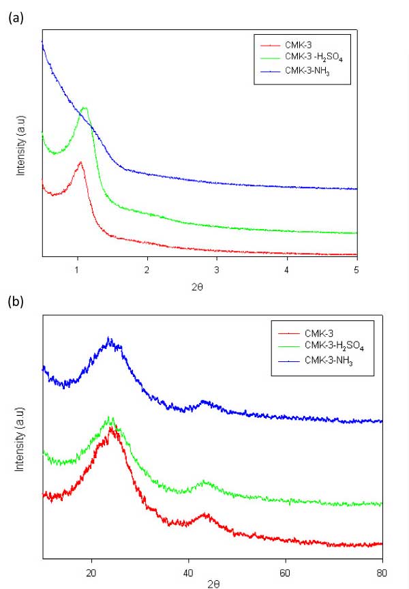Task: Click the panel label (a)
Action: tap(14, 19)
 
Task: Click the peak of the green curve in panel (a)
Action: tap(85, 108)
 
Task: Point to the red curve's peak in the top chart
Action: tap(80, 162)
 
